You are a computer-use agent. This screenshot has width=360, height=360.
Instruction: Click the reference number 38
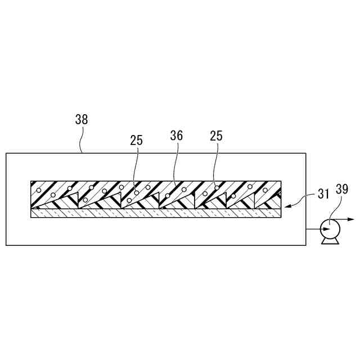click(x=82, y=119)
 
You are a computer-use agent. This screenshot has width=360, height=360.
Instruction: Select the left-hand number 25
click(x=137, y=140)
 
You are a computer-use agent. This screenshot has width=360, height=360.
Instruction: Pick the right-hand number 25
click(x=216, y=136)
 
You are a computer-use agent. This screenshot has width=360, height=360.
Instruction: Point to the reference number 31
click(x=323, y=196)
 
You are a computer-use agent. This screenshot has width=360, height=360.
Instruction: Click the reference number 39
click(x=341, y=190)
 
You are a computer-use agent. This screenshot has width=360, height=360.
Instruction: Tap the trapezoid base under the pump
click(x=327, y=241)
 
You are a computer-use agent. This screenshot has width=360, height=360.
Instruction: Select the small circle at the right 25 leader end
click(x=217, y=187)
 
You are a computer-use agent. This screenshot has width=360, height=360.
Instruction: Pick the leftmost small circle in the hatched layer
click(x=38, y=190)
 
